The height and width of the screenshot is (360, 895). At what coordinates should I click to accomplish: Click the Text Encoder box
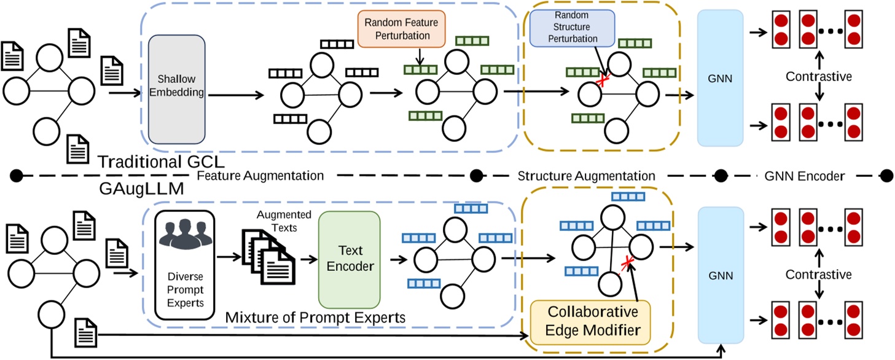349,259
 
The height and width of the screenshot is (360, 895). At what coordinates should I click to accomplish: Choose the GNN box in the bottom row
720,276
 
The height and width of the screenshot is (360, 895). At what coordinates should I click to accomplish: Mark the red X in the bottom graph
627,265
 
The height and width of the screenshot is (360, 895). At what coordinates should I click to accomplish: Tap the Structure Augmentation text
586,176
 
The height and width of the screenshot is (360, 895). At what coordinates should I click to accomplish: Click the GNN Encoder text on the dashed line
805,176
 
